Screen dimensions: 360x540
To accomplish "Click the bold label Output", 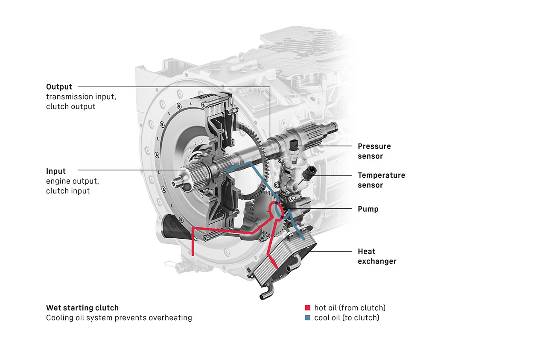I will pyautogui.click(x=59, y=87).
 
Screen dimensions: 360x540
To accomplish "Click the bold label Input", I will pyautogui.click(x=56, y=171).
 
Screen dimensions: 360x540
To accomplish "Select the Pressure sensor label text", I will pyautogui.click(x=374, y=151).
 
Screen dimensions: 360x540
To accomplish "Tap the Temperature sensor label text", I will pyautogui.click(x=381, y=180).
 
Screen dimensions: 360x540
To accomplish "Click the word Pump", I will pyautogui.click(x=368, y=209).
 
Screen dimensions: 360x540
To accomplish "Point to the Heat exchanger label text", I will pyautogui.click(x=377, y=256).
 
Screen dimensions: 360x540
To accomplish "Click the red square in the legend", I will pyautogui.click(x=307, y=307).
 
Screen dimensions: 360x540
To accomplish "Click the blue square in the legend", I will pyautogui.click(x=307, y=318).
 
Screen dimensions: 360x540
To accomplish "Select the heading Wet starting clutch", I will pyautogui.click(x=82, y=307).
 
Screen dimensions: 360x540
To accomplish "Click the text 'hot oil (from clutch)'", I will pyautogui.click(x=350, y=307).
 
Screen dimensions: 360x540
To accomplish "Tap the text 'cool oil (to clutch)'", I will pyautogui.click(x=346, y=318).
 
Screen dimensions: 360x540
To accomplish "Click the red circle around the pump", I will pyautogui.click(x=276, y=211).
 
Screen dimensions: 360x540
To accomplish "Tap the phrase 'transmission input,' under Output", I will pyautogui.click(x=81, y=97).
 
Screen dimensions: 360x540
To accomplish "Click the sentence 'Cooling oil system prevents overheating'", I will pyautogui.click(x=119, y=318).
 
